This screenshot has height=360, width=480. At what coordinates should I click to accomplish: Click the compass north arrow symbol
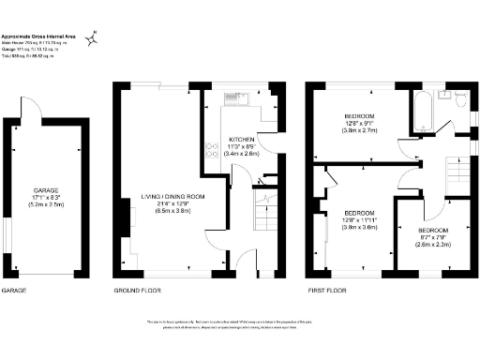pos(92,39)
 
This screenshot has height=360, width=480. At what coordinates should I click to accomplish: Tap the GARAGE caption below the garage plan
pos(14,291)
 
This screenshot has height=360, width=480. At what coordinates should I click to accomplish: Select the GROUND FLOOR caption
pos(135,291)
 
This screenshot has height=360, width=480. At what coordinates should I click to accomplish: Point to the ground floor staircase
pos(261,211)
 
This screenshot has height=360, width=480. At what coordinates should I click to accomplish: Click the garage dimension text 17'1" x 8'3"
pos(47,198)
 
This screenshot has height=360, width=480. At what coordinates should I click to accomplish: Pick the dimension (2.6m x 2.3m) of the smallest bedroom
pos(432,245)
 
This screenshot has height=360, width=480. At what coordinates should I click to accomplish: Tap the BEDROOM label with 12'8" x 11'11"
pos(358,213)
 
